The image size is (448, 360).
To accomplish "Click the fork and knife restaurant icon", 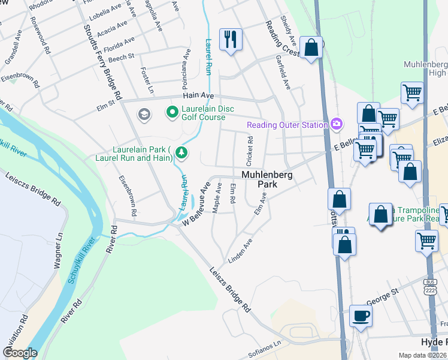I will click(x=230, y=40).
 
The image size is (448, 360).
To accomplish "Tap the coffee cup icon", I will click(x=361, y=316).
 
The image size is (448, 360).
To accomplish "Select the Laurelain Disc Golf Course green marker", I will click(x=172, y=112).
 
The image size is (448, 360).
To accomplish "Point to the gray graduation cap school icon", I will click(x=144, y=114).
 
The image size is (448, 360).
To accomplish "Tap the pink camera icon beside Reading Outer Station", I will click(x=337, y=124).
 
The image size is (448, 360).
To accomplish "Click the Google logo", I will click(x=20, y=353).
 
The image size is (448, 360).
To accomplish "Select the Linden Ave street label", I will click(x=240, y=251).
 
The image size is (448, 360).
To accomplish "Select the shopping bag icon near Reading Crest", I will click(x=311, y=48).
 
